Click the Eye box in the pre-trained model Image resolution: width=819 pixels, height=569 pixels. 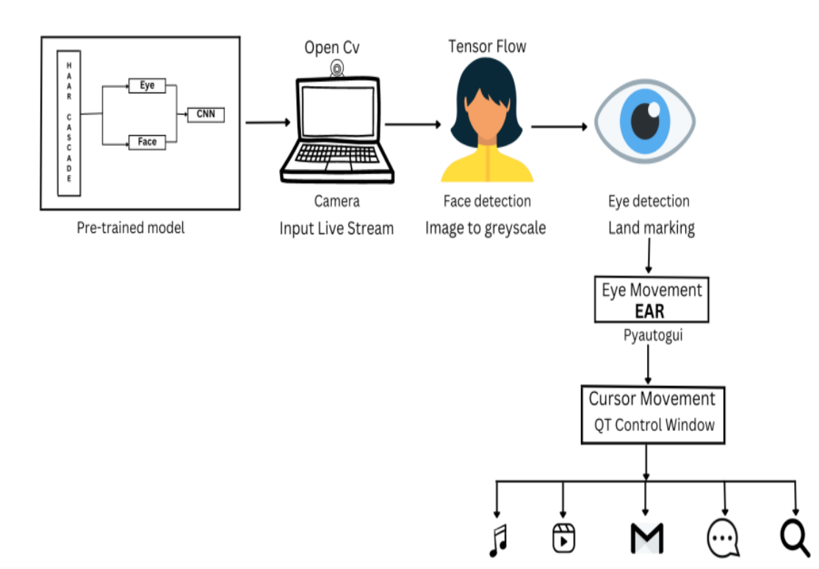147,86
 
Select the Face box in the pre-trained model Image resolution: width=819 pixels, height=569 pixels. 147,142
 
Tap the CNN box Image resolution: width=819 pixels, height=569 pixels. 206,114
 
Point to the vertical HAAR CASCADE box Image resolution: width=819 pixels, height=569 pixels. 69,123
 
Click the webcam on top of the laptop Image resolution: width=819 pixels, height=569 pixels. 336,69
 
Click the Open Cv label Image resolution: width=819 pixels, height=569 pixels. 333,48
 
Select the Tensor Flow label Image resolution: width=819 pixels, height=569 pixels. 487,47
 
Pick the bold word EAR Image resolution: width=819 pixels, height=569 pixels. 650,311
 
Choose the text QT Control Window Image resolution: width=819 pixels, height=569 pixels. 654,425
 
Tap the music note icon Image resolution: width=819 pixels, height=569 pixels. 499,540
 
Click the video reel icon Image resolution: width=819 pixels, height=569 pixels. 563,538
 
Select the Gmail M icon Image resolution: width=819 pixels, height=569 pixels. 646,538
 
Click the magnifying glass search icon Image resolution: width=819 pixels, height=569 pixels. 795,538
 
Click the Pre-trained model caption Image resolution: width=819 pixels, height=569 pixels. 131,228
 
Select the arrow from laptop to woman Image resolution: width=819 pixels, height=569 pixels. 412,124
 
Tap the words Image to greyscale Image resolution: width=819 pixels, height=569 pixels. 486,228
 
